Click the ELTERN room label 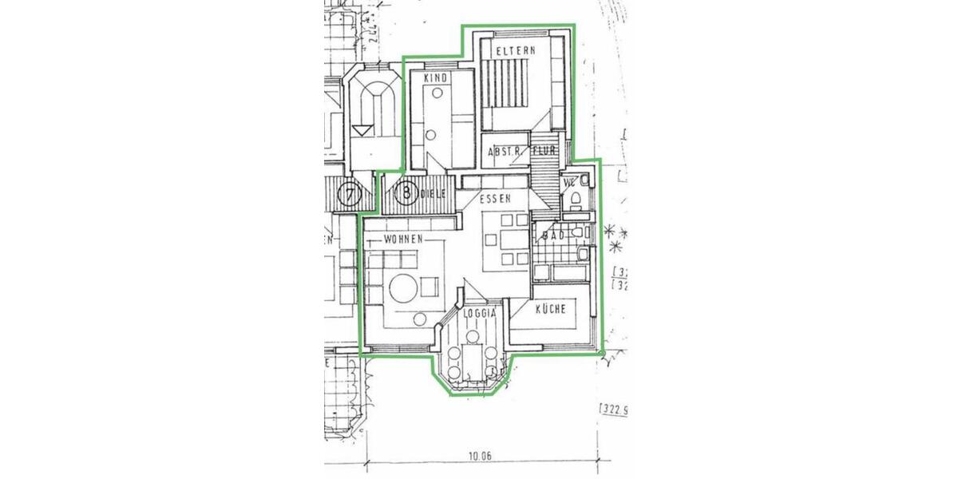pyautogui.click(x=515, y=50)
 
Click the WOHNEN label pyautogui.click(x=402, y=239)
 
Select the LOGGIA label pyautogui.click(x=482, y=314)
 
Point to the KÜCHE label pyautogui.click(x=552, y=311)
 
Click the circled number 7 pyautogui.click(x=349, y=193)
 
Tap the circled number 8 pyautogui.click(x=406, y=193)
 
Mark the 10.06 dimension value pyautogui.click(x=480, y=456)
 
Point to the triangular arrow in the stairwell pyautogui.click(x=363, y=128)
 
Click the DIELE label pyautogui.click(x=433, y=192)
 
